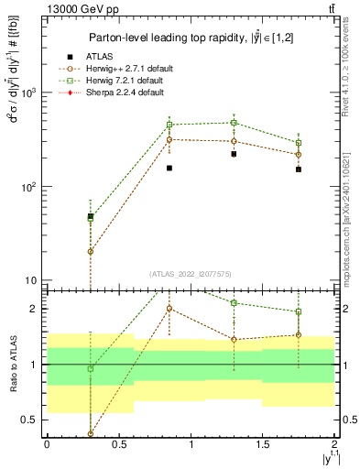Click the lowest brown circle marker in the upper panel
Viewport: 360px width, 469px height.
pyautogui.click(x=90, y=251)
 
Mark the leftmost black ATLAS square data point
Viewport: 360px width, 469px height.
pyautogui.click(x=90, y=217)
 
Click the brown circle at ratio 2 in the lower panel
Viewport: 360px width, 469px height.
pyautogui.click(x=169, y=309)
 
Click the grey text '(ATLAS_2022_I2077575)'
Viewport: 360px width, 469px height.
pyautogui.click(x=190, y=273)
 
